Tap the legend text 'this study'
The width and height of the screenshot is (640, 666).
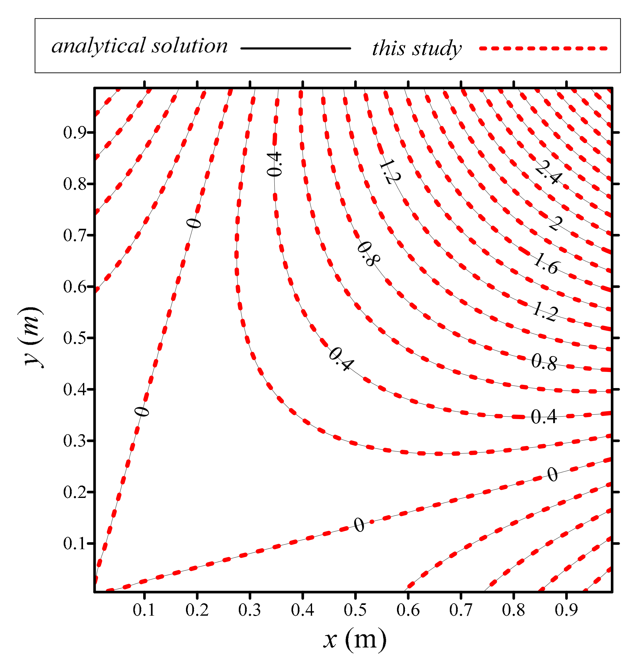coord(417,48)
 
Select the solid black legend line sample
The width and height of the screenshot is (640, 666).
coord(295,48)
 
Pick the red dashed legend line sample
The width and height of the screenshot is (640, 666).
coord(543,48)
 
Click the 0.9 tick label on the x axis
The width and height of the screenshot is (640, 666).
coord(566,610)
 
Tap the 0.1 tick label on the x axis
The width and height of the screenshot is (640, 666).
coord(144,610)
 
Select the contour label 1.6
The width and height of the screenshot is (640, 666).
coord(546,265)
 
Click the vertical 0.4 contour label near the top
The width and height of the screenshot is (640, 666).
coord(274,164)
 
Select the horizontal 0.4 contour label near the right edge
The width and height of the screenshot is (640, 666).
coord(544,417)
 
